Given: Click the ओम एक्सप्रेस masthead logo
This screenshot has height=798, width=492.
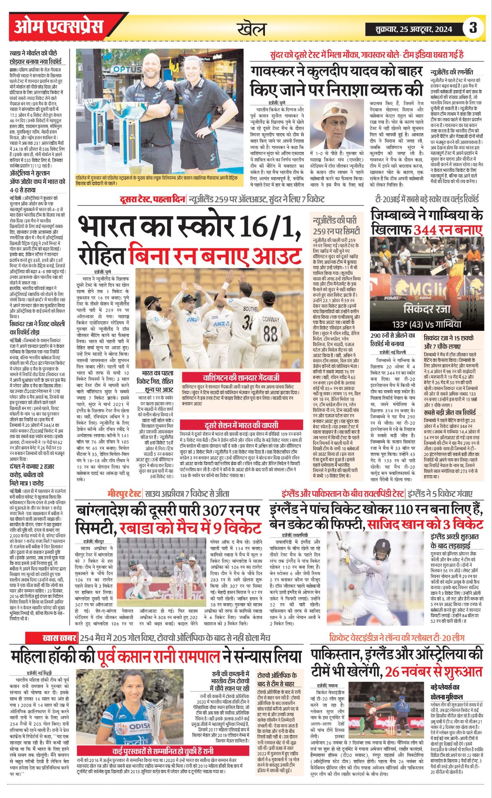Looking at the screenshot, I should [x=58, y=27].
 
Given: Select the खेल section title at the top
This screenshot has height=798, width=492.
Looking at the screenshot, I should [x=251, y=29].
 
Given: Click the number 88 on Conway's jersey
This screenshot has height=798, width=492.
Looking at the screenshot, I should [x=270, y=334].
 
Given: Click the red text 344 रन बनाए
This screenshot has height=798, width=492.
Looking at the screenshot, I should [x=448, y=230].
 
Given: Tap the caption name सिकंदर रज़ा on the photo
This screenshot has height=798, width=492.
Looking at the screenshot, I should [x=427, y=309].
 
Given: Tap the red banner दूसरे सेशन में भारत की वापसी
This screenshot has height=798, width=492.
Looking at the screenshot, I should [x=241, y=425].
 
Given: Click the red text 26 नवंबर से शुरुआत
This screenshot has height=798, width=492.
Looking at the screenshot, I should [x=434, y=672].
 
